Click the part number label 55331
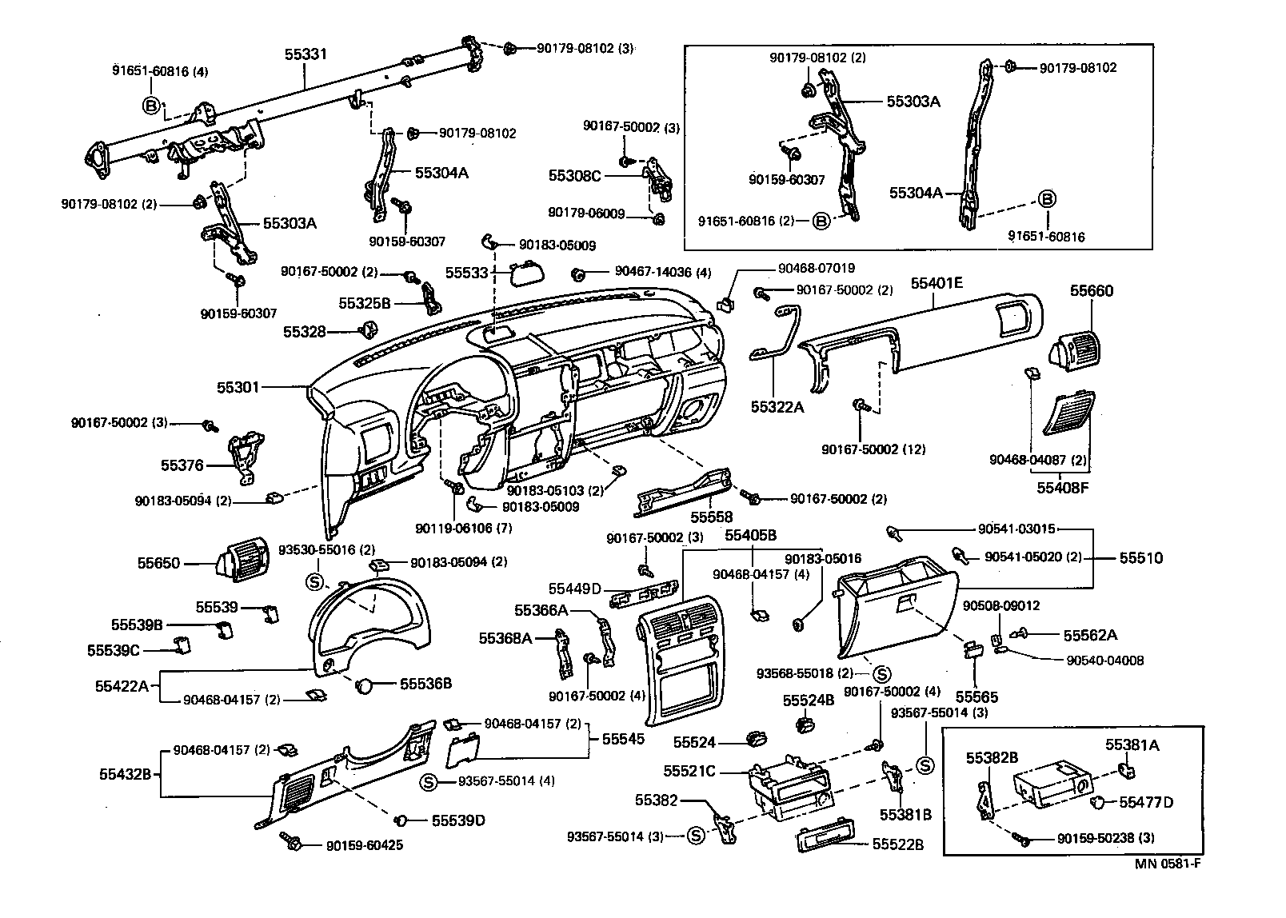pyautogui.click(x=306, y=54)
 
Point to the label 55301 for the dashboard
pyautogui.click(x=238, y=387)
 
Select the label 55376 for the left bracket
pyautogui.click(x=182, y=465)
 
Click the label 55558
pyautogui.click(x=712, y=517)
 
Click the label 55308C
pyautogui.click(x=574, y=174)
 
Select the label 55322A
pyautogui.click(x=777, y=406)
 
